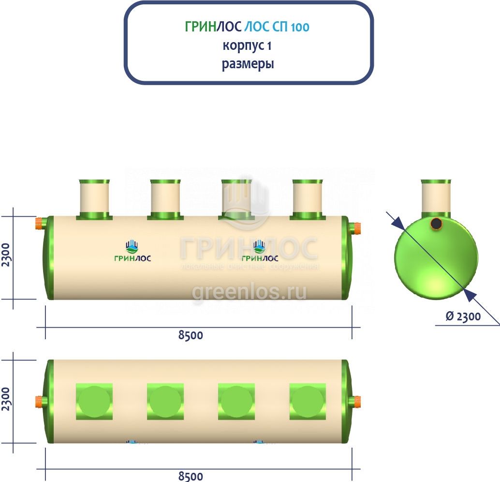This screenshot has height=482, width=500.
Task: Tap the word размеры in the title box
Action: point(248,64)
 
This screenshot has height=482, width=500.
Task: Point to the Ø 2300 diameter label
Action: point(463,316)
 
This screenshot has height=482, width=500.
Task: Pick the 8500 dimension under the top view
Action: point(191,476)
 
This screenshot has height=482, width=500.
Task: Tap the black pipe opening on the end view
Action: point(436,223)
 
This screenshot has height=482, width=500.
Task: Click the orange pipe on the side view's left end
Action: point(39,224)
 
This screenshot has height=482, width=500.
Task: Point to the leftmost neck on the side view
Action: point(93,198)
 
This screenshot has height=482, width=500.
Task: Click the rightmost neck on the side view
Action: point(307,198)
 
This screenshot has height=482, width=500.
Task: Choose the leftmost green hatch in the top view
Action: point(94,402)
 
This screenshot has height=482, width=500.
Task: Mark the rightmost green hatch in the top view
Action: point(307,402)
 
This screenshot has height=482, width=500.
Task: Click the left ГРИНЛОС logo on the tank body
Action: point(132,252)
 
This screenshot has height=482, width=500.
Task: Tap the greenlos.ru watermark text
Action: point(249,293)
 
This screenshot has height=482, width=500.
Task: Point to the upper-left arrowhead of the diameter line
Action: point(397,222)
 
